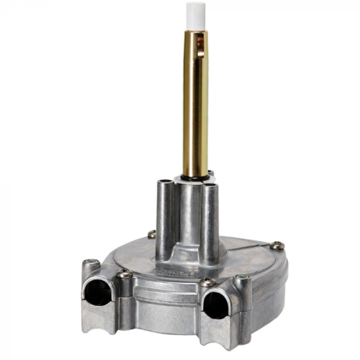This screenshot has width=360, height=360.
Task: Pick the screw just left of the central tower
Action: [151, 234]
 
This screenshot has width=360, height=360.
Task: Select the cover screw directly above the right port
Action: [208, 282]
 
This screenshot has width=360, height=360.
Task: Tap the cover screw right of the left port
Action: [125, 274]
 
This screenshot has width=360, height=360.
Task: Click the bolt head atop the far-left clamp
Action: [90, 263]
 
